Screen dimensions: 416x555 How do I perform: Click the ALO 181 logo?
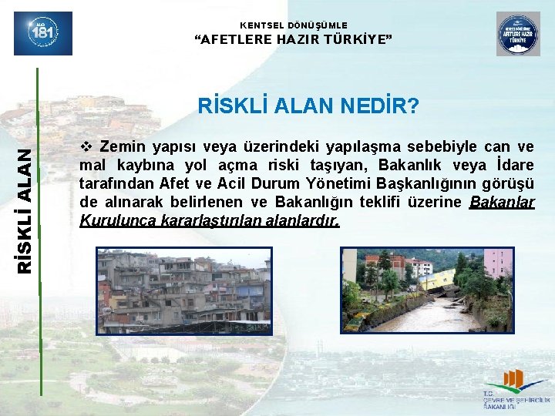tap(43, 33)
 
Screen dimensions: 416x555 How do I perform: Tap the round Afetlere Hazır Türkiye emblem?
tap(518, 34)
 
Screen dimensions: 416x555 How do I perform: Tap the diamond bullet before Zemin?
tap(86, 146)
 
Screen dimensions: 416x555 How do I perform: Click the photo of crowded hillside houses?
tap(183, 290)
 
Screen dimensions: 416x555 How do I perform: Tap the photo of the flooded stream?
tap(427, 290)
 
